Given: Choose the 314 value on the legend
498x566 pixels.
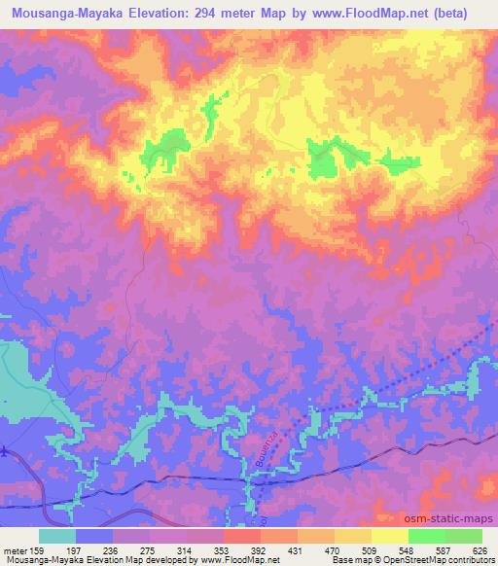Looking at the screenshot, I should (x=186, y=549).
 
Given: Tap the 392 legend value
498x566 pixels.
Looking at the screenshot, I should (x=261, y=549).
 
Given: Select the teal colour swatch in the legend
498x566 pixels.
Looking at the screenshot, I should (x=57, y=536).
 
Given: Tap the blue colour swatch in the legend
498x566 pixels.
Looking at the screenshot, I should (x=94, y=536).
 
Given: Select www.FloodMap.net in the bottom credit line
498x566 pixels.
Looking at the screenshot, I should (x=236, y=560).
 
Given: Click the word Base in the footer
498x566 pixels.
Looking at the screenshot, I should (x=340, y=560).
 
